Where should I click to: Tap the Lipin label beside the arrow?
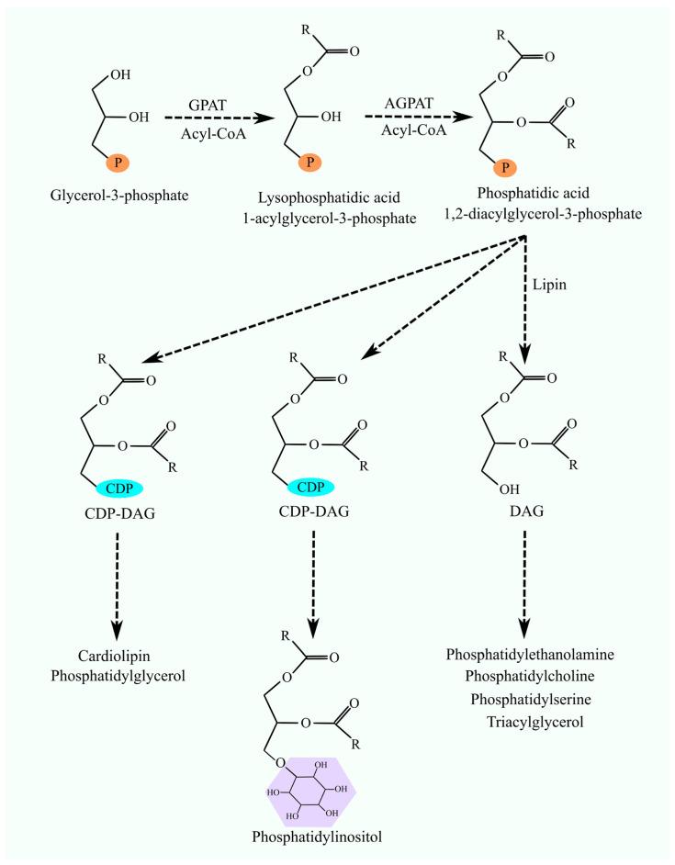(x=550, y=286)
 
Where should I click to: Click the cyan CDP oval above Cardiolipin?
(x=118, y=486)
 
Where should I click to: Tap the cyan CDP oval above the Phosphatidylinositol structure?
(x=313, y=486)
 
